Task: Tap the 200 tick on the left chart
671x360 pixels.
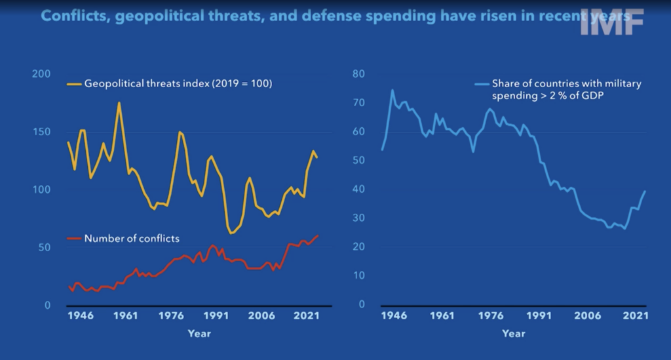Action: click(x=40, y=73)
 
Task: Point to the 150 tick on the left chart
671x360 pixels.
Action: click(x=40, y=132)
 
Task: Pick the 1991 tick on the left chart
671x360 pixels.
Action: click(x=214, y=315)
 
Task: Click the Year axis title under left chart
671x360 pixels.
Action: click(x=199, y=334)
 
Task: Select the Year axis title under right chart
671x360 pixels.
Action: click(x=513, y=334)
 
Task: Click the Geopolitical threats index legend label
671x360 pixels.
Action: click(x=178, y=84)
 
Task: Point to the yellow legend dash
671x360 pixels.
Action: click(x=73, y=84)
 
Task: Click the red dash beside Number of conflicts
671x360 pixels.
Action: click(x=73, y=238)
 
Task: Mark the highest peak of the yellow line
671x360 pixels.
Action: click(x=119, y=102)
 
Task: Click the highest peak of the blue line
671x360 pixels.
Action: click(x=393, y=90)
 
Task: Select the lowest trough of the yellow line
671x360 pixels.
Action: click(x=231, y=233)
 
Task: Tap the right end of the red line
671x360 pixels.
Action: click(x=318, y=235)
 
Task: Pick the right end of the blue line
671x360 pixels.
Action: click(x=645, y=191)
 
